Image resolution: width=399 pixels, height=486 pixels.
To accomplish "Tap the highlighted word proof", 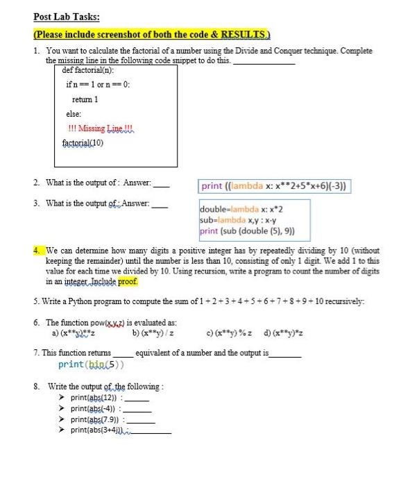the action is click(126, 282).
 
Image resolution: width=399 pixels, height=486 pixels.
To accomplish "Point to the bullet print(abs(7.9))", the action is click(96, 419).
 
